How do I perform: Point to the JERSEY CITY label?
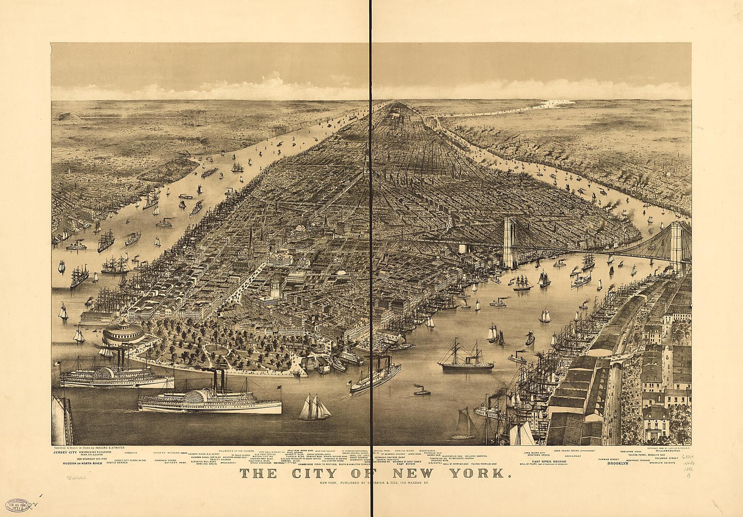point(65,453)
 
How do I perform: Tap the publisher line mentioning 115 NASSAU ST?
point(374,483)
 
